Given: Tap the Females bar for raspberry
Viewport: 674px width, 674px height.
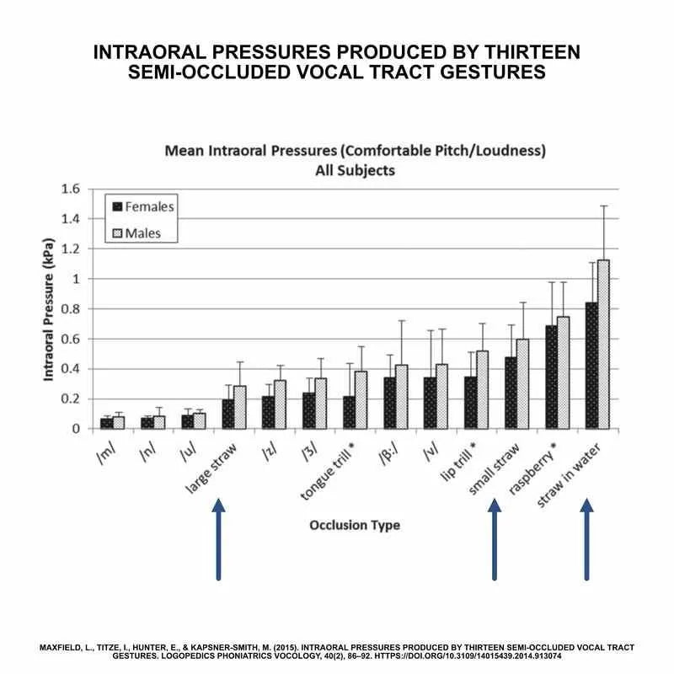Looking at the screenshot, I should [x=552, y=377].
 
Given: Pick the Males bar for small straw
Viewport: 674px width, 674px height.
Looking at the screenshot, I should [x=523, y=383].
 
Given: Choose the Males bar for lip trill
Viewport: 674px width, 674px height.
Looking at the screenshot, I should [x=482, y=389].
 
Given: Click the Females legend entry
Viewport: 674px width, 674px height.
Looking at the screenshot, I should [x=142, y=206].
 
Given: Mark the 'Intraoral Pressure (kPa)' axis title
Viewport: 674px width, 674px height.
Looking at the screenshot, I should [x=53, y=308].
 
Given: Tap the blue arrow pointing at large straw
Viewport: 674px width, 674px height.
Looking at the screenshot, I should [x=218, y=539].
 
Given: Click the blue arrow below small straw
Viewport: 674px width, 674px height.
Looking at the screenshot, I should [x=495, y=539].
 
